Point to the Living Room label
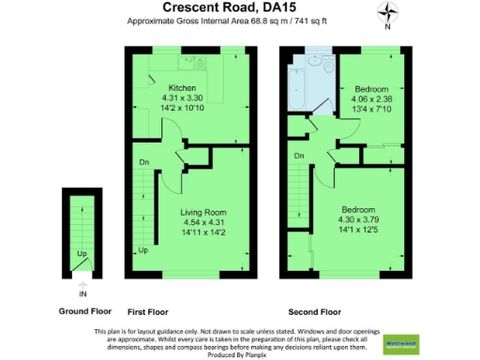click(x=203, y=212)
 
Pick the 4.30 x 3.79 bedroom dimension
click(x=358, y=218)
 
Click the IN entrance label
click(x=83, y=292)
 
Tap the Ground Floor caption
click(x=84, y=310)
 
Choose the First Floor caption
click(x=149, y=310)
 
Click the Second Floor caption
click(x=315, y=310)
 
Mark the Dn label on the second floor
click(x=299, y=155)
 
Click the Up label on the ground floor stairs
click(x=82, y=254)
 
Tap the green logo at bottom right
click(x=401, y=342)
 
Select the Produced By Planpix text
click(x=239, y=353)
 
